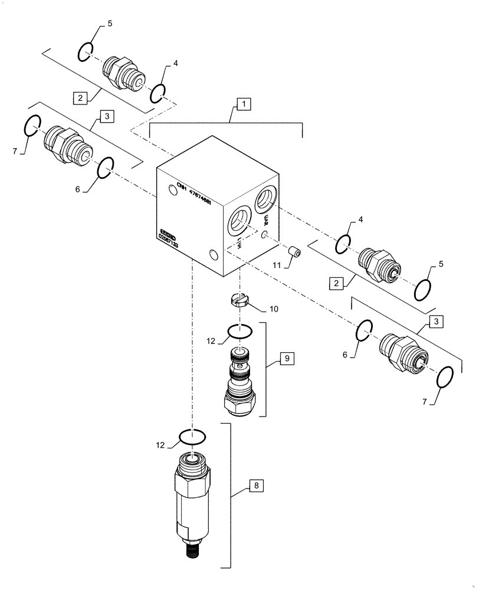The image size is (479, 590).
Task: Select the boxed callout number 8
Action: (256, 486)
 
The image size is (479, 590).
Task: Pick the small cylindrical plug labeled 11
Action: (293, 253)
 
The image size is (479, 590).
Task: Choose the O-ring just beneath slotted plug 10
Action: (239, 332)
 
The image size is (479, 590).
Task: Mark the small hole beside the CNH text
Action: (172, 189)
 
